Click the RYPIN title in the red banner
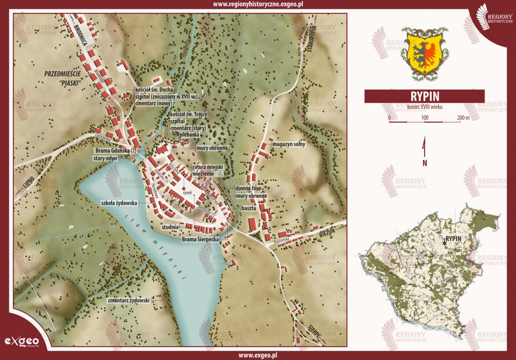coord(424,96)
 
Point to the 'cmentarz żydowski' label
coord(128,300)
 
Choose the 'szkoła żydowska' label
coord(119,203)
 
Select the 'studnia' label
coord(170,227)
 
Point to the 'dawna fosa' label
coord(251,189)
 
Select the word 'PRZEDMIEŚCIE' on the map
coord(65,74)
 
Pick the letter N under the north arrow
coord(425,163)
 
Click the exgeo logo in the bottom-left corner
coord(22,341)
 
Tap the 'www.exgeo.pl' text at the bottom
coord(258,355)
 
